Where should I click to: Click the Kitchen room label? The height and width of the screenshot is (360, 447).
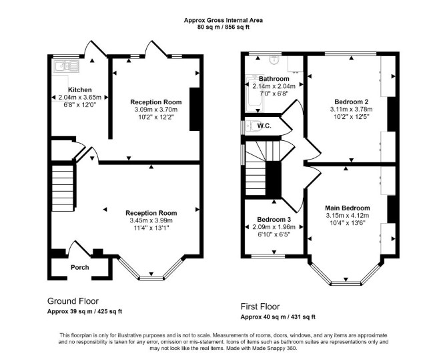pyautogui.click(x=80, y=90)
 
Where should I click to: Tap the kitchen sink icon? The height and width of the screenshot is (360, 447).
pyautogui.click(x=65, y=67)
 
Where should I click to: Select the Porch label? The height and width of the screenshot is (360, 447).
pyautogui.click(x=80, y=268)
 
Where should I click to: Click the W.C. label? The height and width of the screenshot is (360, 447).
pyautogui.click(x=264, y=126)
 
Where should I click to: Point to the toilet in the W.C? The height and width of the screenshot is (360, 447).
pyautogui.click(x=253, y=126)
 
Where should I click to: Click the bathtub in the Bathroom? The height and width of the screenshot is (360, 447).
pyautogui.click(x=254, y=94)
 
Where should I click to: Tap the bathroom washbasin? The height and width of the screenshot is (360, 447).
pyautogui.click(x=274, y=60)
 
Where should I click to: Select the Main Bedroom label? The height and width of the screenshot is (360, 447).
pyautogui.click(x=348, y=208)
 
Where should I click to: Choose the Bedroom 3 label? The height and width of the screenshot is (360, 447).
pyautogui.click(x=274, y=220)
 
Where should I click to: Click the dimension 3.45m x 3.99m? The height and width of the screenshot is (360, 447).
pyautogui.click(x=151, y=220)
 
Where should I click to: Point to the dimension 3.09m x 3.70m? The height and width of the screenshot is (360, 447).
pyautogui.click(x=156, y=110)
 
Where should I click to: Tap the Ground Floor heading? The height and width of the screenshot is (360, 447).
pyautogui.click(x=73, y=301)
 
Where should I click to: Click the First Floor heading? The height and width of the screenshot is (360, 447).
pyautogui.click(x=260, y=307)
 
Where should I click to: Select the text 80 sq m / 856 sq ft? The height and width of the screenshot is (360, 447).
pyautogui.click(x=223, y=27)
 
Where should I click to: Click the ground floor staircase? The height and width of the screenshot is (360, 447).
pyautogui.click(x=63, y=188)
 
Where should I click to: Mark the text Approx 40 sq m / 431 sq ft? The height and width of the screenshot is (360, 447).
pyautogui.click(x=278, y=317)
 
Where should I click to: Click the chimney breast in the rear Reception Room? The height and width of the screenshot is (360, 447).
pyautogui.click(x=195, y=109)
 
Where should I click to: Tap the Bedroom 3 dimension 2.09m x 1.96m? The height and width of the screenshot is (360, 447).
pyautogui.click(x=274, y=227)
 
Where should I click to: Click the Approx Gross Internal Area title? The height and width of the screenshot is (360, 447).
pyautogui.click(x=223, y=20)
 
